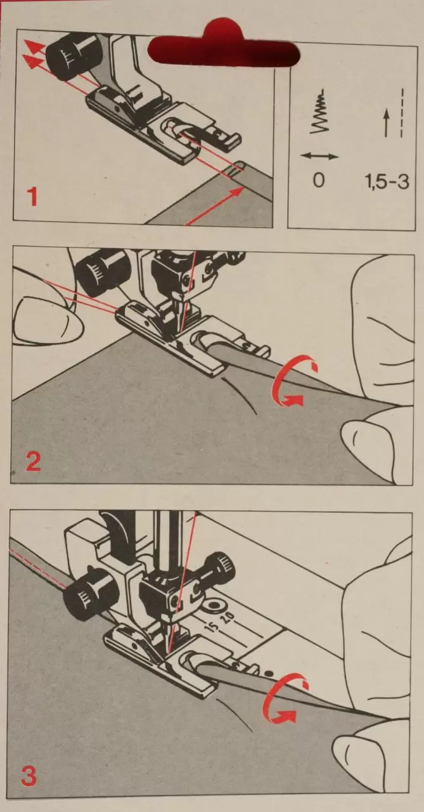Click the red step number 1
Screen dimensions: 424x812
tap(33, 198)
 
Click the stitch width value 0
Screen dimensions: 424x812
tap(318, 180)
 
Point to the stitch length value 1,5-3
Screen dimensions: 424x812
tap(387, 181)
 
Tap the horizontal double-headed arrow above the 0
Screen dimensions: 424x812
tap(319, 157)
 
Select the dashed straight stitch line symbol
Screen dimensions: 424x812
tap(402, 113)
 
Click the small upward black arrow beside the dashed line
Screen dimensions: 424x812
tap(387, 124)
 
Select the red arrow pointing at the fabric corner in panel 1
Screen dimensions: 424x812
tap(214, 206)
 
